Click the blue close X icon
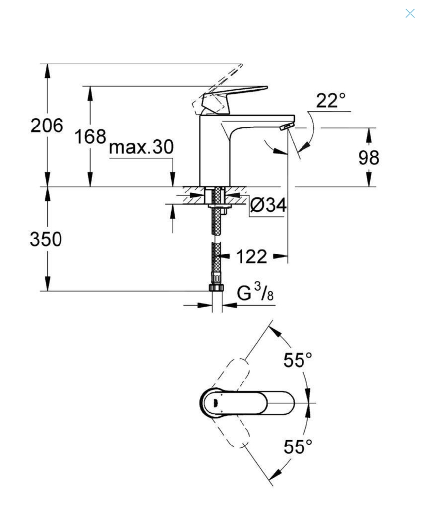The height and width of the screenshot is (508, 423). (x=410, y=13)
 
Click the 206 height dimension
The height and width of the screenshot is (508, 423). (x=47, y=126)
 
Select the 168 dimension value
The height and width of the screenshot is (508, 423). (x=90, y=136)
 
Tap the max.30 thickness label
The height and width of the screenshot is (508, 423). (x=141, y=147)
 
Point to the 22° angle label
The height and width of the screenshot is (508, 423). (x=331, y=101)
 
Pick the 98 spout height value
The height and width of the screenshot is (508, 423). (x=369, y=157)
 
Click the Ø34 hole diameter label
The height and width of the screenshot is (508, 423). (x=268, y=205)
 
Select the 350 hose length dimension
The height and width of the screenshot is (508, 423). (x=46, y=239)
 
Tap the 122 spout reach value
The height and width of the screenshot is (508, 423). (x=251, y=256)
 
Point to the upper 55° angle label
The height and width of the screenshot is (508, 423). (x=298, y=360)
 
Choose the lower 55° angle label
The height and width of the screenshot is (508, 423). (x=298, y=446)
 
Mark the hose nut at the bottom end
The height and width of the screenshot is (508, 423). (x=216, y=288)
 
